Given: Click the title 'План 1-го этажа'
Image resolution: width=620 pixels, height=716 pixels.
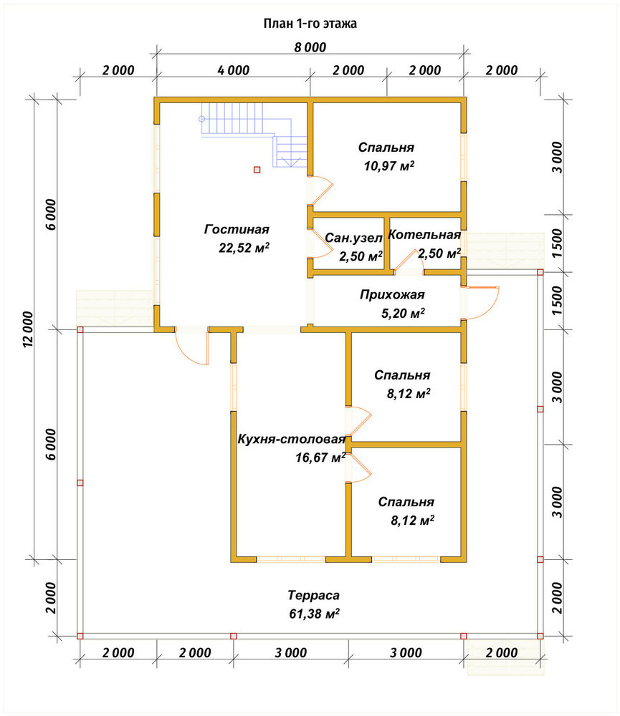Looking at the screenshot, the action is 310,24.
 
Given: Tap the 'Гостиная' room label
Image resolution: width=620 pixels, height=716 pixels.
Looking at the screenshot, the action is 237,229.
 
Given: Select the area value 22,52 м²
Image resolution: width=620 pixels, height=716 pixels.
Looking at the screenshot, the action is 244,248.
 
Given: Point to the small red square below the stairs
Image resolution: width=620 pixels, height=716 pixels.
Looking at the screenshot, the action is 257,170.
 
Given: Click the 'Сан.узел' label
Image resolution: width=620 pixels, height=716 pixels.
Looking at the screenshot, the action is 353,238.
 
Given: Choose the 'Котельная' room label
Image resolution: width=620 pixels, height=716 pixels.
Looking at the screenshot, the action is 424,235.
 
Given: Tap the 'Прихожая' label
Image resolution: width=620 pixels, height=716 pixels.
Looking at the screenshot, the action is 392,295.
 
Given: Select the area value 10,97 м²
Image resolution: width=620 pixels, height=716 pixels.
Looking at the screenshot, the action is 389,166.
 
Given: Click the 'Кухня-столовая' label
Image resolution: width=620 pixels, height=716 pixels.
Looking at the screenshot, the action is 291,440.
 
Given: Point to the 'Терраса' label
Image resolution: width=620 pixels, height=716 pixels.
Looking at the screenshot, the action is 314,596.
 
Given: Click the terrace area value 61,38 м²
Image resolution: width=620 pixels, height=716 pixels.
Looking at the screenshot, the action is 314,614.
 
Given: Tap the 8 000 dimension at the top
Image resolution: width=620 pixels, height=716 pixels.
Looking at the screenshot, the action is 310,47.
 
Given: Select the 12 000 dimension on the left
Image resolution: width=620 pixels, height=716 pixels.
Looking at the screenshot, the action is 28,329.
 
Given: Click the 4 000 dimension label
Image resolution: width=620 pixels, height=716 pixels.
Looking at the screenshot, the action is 234,70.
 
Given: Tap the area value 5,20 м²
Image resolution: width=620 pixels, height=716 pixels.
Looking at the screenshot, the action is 403,314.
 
